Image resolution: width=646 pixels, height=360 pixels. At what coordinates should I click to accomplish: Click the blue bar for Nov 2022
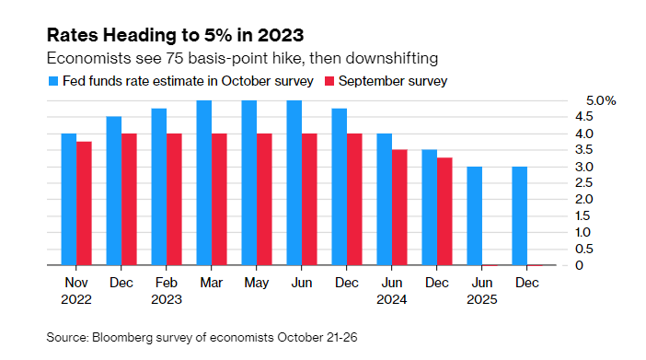pyautogui.click(x=69, y=199)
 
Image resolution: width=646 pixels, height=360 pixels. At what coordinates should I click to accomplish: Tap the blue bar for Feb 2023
pyautogui.click(x=159, y=187)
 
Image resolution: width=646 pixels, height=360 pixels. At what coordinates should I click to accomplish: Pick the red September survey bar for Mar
pyautogui.click(x=219, y=199)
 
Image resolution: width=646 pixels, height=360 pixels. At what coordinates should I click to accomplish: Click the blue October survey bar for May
pyautogui.click(x=249, y=182)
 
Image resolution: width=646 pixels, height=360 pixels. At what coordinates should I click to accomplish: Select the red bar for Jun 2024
pyautogui.click(x=399, y=207)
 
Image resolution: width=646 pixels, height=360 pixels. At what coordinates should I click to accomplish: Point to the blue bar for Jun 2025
pyautogui.click(x=474, y=215)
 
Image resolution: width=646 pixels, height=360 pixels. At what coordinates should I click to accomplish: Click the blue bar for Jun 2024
pyautogui.click(x=384, y=199)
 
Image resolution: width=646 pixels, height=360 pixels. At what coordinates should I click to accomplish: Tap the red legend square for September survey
pyautogui.click(x=329, y=82)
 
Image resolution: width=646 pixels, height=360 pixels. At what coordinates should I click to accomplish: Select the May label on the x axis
pyautogui.click(x=256, y=282)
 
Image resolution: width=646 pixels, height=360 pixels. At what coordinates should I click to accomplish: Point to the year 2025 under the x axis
pyautogui.click(x=481, y=299)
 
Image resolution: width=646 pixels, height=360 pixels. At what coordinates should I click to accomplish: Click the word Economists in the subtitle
pyautogui.click(x=86, y=57)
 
